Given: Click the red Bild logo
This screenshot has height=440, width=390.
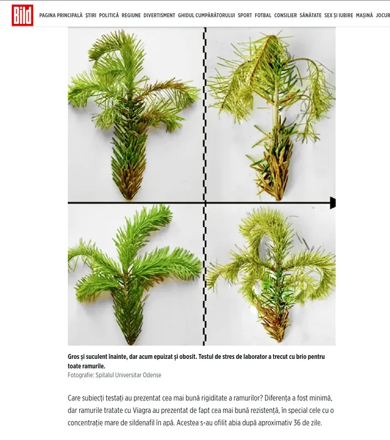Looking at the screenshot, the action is tap(23, 15).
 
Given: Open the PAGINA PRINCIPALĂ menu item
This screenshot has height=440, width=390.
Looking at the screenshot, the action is tap(61, 16).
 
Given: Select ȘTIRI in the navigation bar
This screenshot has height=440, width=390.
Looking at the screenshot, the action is tap(91, 16).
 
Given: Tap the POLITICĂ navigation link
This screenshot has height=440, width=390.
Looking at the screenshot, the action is tap(109, 16).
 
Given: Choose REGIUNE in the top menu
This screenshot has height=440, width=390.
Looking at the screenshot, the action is tap(131, 16).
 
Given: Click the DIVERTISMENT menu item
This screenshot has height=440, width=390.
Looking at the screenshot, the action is tap(160, 16).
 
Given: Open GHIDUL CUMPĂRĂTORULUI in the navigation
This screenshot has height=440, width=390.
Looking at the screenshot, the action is tap(207, 16).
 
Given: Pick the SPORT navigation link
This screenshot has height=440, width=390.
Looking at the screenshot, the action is tap(245, 16).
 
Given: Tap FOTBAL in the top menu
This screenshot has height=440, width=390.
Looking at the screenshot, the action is tap(263, 16).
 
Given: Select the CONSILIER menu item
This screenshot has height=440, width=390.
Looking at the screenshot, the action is tap(285, 16).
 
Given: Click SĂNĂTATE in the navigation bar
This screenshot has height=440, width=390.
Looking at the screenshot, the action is tap(311, 16).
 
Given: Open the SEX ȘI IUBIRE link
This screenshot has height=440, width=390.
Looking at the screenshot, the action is tap(339, 16).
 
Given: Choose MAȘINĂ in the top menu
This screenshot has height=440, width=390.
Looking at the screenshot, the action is tap(364, 16).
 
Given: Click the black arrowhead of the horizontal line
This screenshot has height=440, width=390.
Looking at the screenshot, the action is tap(333, 202).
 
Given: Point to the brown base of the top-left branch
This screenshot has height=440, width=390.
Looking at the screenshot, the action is tap(128, 182).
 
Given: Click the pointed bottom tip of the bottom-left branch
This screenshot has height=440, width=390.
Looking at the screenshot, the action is tap(131, 343).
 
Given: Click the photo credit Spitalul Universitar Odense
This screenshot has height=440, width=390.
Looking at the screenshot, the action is tap(128, 375).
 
